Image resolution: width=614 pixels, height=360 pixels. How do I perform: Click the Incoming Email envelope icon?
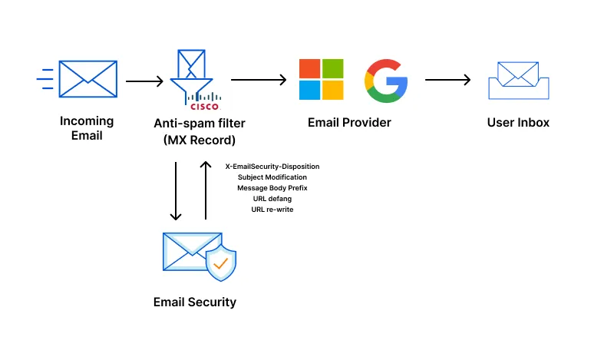click(87, 78)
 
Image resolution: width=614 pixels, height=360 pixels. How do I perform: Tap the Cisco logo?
click(203, 101)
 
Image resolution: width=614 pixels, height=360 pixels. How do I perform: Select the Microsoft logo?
click(321, 79)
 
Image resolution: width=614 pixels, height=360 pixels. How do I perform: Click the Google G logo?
click(386, 80)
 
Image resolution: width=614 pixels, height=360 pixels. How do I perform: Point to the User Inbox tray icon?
click(518, 80)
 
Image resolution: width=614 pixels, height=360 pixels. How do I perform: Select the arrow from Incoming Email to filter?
click(144, 81)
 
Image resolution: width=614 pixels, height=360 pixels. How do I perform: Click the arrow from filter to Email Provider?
click(259, 80)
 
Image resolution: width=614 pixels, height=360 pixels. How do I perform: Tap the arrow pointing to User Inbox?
click(447, 80)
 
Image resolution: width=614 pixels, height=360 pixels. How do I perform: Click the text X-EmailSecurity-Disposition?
click(272, 166)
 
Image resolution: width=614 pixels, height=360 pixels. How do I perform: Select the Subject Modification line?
click(272, 177)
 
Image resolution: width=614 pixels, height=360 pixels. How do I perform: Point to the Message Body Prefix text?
click(272, 187)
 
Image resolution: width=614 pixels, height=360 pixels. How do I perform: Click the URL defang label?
click(272, 198)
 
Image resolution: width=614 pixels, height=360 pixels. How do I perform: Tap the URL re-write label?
click(272, 209)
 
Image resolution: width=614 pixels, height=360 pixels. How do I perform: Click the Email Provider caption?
click(349, 123)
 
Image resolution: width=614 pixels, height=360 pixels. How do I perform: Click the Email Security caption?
click(195, 302)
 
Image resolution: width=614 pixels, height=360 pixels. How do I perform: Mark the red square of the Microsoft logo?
click(309, 68)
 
